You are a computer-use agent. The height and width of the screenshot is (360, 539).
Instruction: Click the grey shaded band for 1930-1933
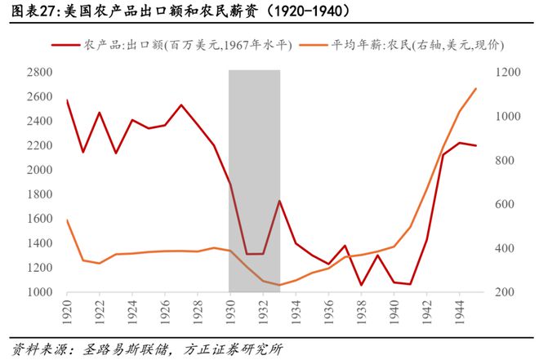pyautogui.click(x=254, y=180)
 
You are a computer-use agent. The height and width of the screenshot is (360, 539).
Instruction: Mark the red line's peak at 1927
pyautogui.click(x=181, y=104)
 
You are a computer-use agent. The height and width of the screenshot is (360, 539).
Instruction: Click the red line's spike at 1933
pyautogui.click(x=279, y=201)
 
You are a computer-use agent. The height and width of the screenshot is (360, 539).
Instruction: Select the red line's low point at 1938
pyautogui.click(x=361, y=285)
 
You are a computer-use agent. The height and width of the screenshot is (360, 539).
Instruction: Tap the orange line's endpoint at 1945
pyautogui.click(x=476, y=88)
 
